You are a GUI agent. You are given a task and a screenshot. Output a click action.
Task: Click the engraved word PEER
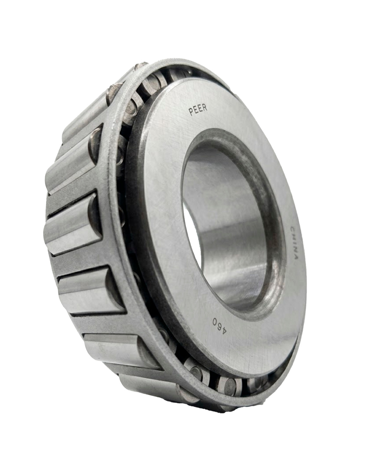tap(198, 110)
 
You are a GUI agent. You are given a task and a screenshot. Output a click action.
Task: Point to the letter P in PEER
tap(191, 112)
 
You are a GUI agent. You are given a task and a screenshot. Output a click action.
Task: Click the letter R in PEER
tap(205, 108)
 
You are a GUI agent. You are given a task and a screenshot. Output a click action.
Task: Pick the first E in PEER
tap(196, 111)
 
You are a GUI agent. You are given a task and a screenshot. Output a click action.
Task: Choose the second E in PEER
tap(200, 109)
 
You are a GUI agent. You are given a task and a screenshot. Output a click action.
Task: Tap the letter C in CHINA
tap(292, 229)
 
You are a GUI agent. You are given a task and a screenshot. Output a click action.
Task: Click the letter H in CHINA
tap(293, 236)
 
